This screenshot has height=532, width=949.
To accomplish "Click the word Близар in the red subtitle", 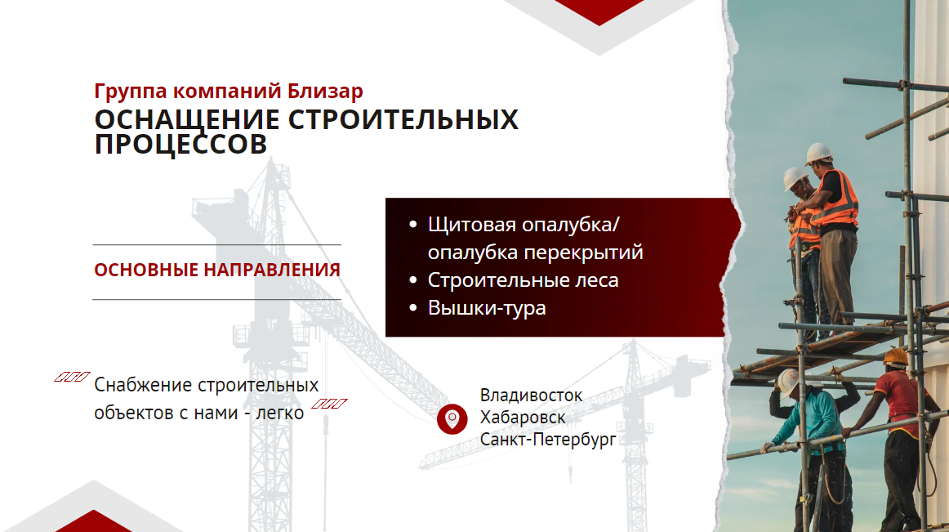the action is coord(325,91).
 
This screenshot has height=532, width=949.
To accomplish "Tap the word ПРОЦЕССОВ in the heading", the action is coord(180,144).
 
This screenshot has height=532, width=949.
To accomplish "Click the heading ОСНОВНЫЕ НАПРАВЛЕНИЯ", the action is coord(217,270).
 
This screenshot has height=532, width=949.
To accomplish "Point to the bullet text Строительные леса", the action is coord(523,280).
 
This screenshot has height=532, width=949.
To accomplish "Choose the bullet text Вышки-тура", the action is coord(487,308).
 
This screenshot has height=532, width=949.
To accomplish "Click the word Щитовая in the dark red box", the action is coord(472,225).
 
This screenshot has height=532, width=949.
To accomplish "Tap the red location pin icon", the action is coord(452,418).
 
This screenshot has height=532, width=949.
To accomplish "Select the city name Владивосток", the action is coord(531,395).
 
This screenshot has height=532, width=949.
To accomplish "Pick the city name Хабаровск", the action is coord(523,417).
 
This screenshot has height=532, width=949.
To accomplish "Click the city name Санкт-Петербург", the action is coord(548,440).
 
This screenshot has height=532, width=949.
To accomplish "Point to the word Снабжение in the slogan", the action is coord(143,385).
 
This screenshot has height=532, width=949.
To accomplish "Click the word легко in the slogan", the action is coord(279,413).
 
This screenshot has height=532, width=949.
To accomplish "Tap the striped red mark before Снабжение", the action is coord(72,377).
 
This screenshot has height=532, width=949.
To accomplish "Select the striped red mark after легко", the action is coord(329,404).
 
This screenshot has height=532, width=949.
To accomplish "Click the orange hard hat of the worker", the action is coord(895,356).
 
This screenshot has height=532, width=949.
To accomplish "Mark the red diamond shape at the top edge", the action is coord(599,11).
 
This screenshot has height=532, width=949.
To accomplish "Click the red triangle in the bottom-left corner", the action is coord(94,521).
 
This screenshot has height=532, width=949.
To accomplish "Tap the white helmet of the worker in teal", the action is coord(789,382).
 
